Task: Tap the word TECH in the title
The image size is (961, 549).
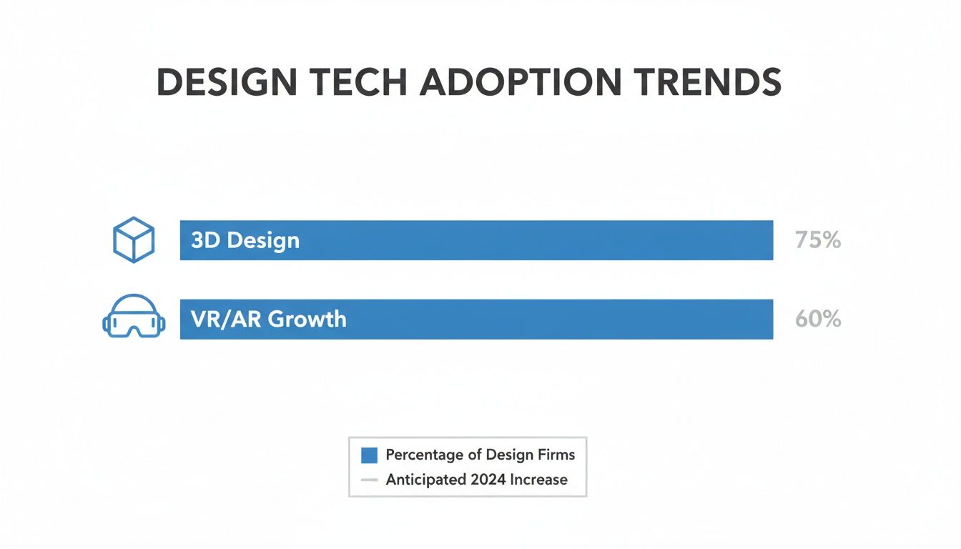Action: pos(363,84)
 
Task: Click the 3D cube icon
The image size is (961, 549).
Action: pos(134,239)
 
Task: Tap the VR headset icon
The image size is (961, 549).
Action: pos(134,317)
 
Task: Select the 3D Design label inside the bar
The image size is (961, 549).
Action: pos(245,240)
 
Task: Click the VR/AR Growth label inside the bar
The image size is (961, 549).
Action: pos(269,319)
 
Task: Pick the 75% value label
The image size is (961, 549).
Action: pos(817,240)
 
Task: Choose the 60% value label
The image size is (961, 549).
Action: pos(817,319)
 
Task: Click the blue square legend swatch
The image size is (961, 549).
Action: pos(369,455)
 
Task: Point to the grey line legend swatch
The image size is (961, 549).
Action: pos(369,480)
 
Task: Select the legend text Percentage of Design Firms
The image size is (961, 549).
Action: pos(480,455)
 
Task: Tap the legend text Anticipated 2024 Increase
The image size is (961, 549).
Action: pos(476,480)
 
